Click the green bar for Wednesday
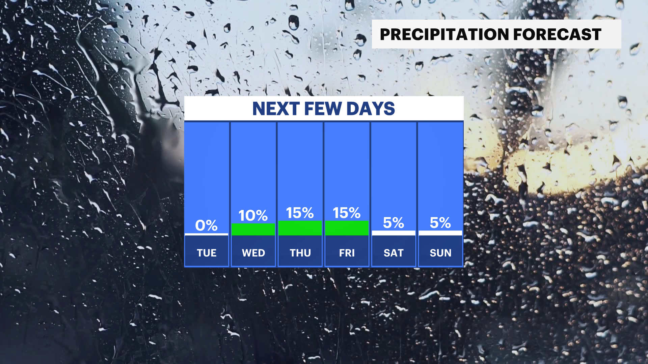pyautogui.click(x=253, y=230)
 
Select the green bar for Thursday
pyautogui.click(x=300, y=228)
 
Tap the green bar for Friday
pyautogui.click(x=347, y=228)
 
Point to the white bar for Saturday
pyautogui.click(x=394, y=233)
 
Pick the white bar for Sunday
pyautogui.click(x=440, y=233)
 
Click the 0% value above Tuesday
pyautogui.click(x=206, y=225)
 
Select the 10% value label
pyautogui.click(x=253, y=216)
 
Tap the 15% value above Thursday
pyautogui.click(x=300, y=213)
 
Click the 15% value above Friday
pyautogui.click(x=347, y=213)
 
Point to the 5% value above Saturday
pyautogui.click(x=394, y=223)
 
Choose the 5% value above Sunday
pyautogui.click(x=440, y=223)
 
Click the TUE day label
pyautogui.click(x=207, y=253)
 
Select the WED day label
pyautogui.click(x=253, y=253)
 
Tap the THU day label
pyautogui.click(x=300, y=253)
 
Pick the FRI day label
pyautogui.click(x=347, y=253)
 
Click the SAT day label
pyautogui.click(x=394, y=253)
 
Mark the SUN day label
pyautogui.click(x=440, y=253)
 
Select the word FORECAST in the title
pyautogui.click(x=558, y=34)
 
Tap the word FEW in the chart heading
pyautogui.click(x=323, y=109)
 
